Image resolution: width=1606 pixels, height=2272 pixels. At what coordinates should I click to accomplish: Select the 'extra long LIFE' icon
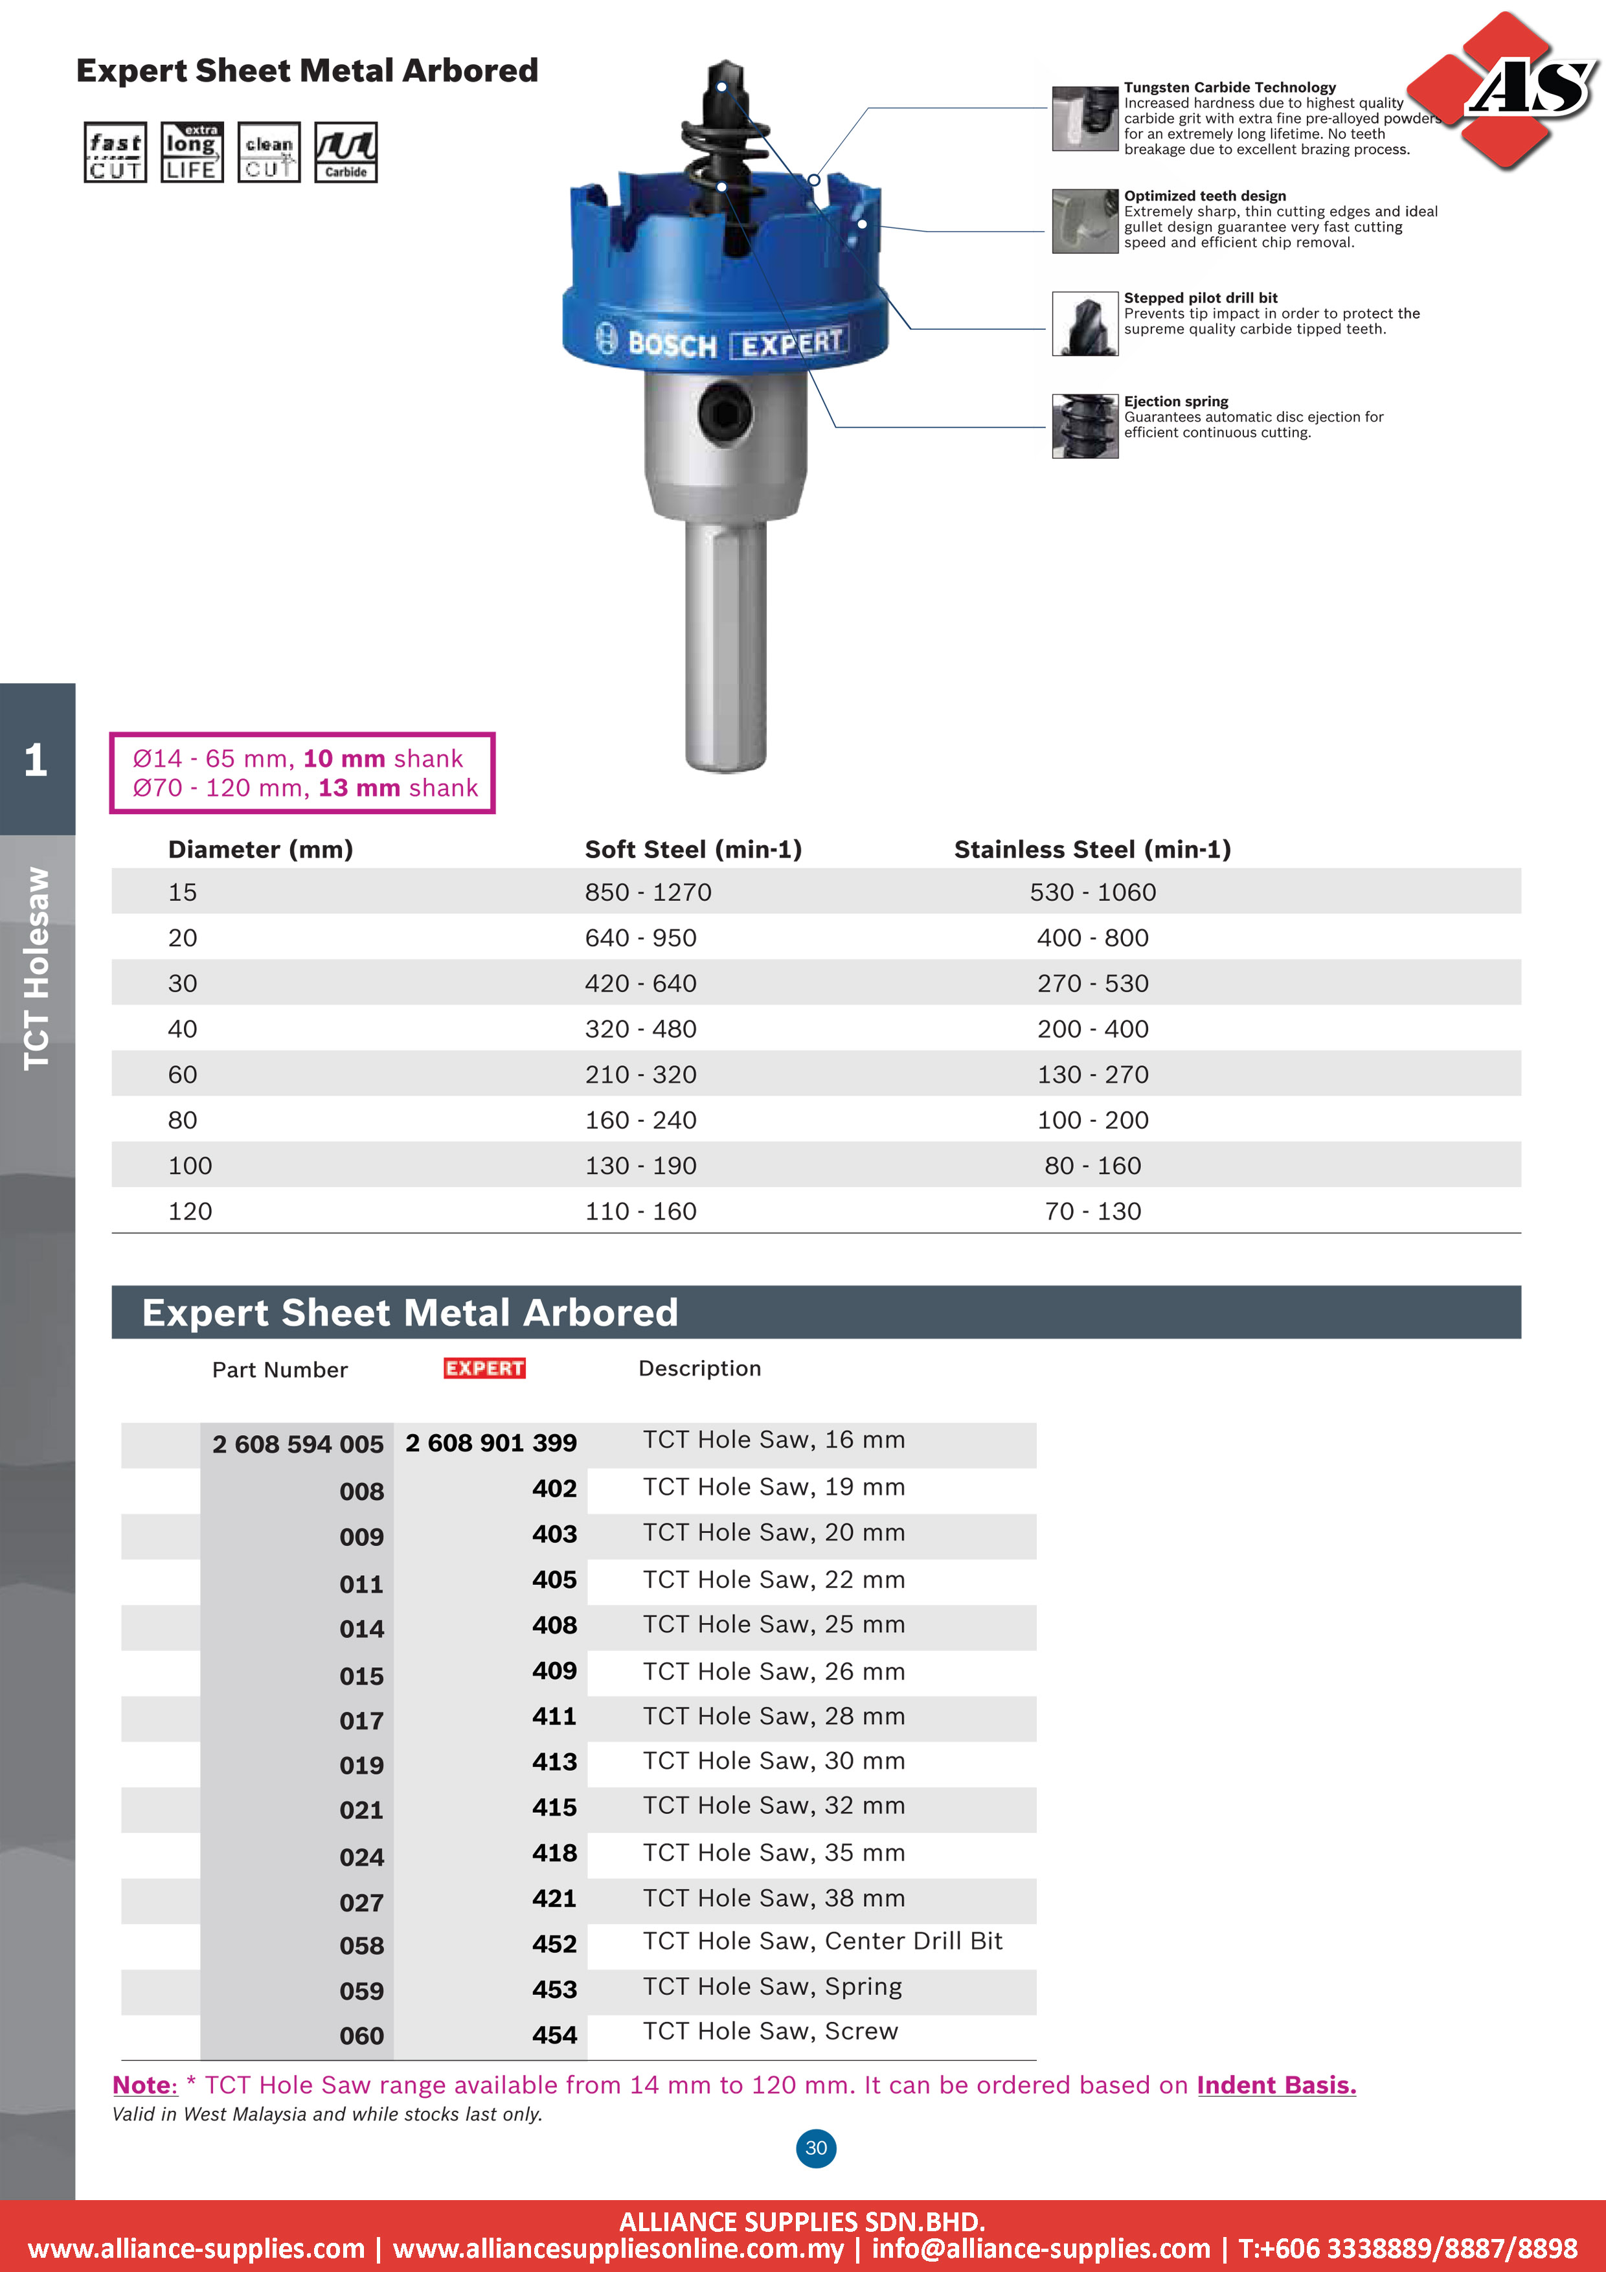pos(192,152)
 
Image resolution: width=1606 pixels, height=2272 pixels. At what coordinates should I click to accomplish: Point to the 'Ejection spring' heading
pos(1175,402)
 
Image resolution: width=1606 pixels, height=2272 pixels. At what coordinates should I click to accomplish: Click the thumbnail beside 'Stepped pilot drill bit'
pos(1085,324)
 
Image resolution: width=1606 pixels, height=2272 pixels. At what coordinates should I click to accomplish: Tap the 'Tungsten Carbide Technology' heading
pos(1229,87)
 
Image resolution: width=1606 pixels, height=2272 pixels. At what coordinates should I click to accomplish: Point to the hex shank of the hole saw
pos(725,643)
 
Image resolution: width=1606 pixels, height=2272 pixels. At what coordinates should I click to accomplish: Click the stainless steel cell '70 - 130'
pos(1092,1211)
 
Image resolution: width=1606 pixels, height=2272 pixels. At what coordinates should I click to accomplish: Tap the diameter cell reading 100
pos(190,1166)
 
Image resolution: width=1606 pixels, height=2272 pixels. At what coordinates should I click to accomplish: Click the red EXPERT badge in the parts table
pos(484,1368)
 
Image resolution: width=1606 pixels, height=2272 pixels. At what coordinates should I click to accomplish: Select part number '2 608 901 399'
pos(491,1443)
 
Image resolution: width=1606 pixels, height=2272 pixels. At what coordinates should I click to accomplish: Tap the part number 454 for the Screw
pos(554,2034)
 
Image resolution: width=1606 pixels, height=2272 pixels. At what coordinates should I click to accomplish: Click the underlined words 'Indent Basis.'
pos(1276,2085)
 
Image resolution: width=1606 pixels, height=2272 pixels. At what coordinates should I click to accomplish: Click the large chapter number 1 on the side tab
pos(36,760)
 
